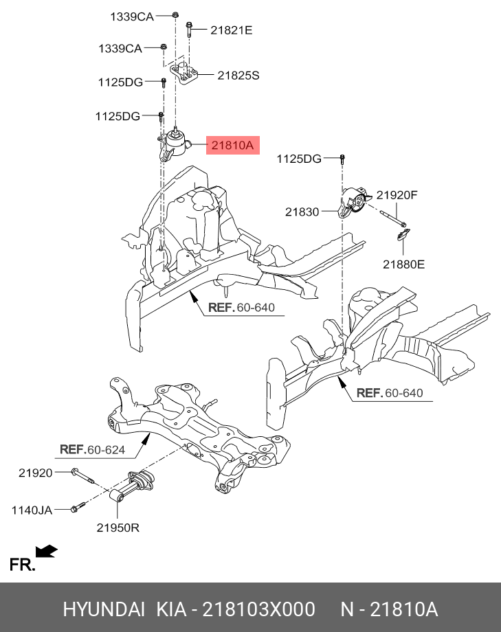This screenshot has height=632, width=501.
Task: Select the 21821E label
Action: point(232,30)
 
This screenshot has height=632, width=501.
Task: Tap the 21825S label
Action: point(238,76)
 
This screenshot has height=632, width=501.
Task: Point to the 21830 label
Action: point(302,212)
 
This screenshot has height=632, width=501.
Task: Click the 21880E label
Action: point(403,263)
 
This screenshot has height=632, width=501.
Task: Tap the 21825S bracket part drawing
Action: point(184,74)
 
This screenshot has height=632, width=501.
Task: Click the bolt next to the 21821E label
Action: point(188,30)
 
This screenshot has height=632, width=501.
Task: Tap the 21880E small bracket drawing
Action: point(401,237)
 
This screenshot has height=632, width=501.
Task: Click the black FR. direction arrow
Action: point(46,552)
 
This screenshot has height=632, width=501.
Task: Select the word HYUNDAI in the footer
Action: point(104,609)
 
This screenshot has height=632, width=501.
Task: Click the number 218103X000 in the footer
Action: point(258,609)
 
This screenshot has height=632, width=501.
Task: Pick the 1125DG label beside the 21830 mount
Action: point(299,159)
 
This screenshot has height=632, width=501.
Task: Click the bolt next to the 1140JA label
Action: point(78,508)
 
